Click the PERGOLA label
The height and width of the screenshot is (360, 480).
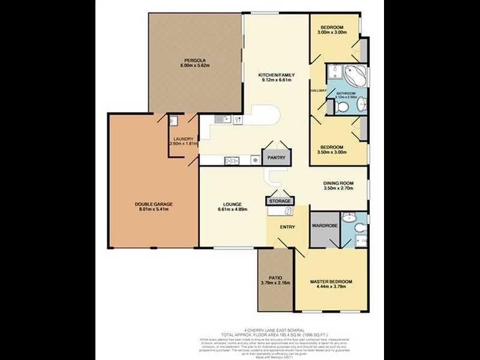click(x=196, y=61)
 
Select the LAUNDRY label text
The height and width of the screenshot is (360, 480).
click(x=183, y=139)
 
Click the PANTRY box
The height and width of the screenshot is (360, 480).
click(x=276, y=158)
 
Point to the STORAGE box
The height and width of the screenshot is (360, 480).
click(x=280, y=201)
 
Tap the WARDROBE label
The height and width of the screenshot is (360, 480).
click(x=324, y=226)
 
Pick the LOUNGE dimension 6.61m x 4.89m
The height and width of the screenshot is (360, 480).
click(x=232, y=210)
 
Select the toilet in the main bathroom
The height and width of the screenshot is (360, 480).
click(x=341, y=107)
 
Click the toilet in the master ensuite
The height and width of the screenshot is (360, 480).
click(x=359, y=227)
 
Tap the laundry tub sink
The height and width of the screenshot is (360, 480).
click(x=173, y=121)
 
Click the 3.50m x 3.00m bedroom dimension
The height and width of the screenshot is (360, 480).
click(x=331, y=152)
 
